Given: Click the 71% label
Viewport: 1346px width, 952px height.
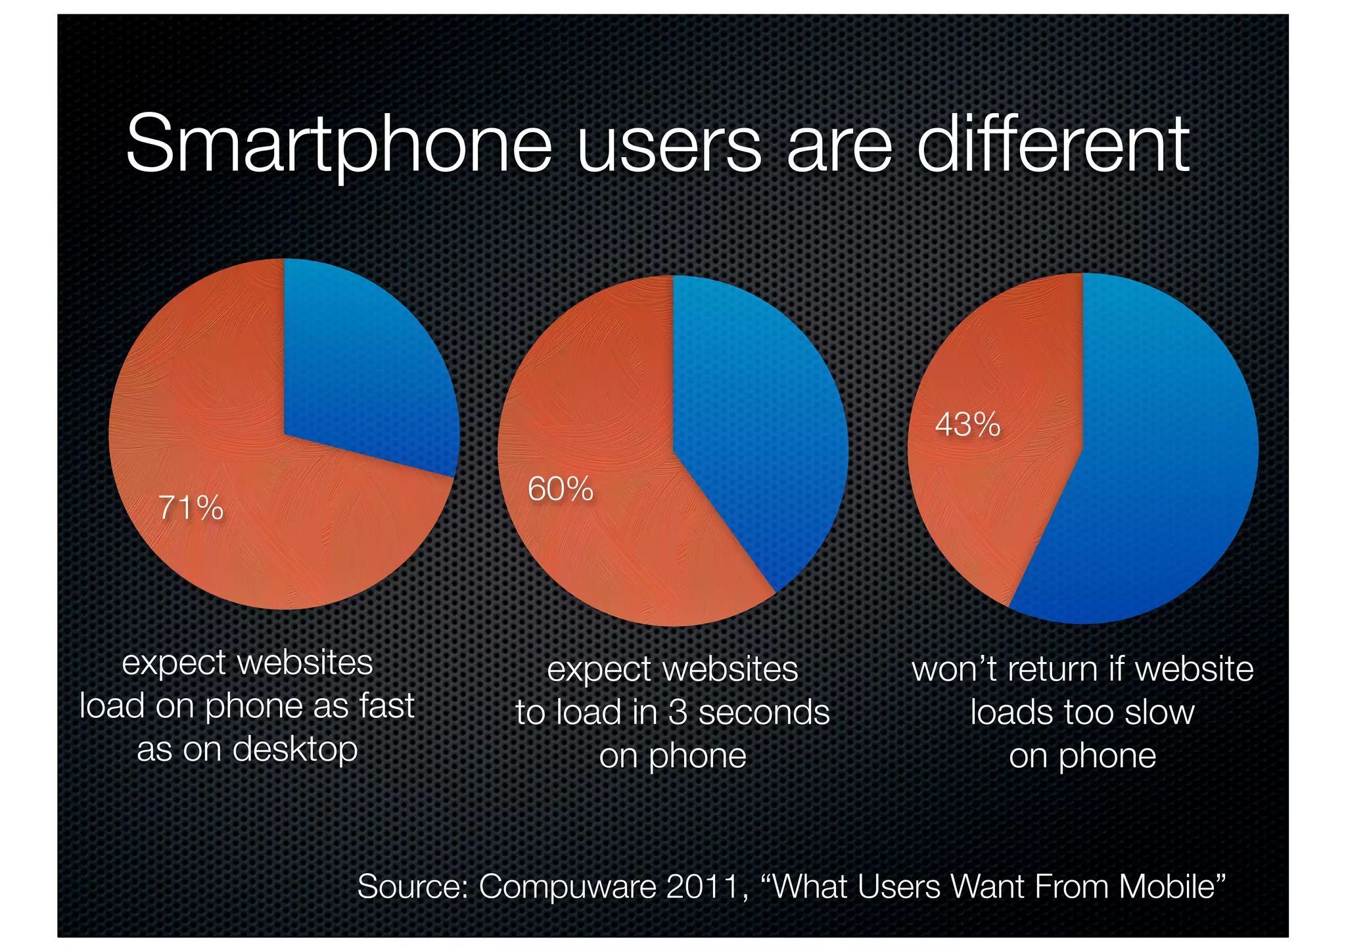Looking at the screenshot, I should (191, 508).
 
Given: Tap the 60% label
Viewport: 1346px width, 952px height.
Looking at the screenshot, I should (561, 489).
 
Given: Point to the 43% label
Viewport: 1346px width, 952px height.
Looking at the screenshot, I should (967, 425).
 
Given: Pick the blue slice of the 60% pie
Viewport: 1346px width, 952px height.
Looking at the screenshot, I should (756, 421).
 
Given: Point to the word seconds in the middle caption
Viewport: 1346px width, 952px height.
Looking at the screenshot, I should (764, 713).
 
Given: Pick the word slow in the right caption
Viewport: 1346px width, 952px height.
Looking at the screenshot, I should (1159, 713).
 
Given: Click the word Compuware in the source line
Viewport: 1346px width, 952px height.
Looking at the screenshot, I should (567, 887).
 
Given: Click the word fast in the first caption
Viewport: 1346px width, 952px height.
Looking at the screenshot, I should (386, 706).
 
